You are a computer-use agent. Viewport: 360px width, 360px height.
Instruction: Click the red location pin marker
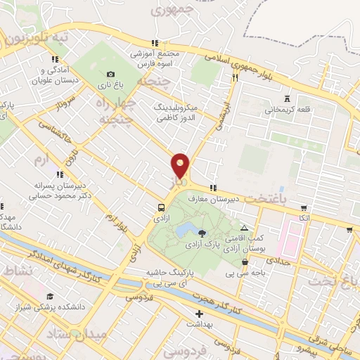[181, 166]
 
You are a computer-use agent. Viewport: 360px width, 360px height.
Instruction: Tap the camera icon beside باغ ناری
[111, 75]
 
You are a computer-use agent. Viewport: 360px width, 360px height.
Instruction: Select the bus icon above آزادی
[162, 207]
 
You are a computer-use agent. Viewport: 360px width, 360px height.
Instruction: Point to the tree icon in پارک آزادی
[202, 233]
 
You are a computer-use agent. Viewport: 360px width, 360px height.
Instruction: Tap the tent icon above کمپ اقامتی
[244, 229]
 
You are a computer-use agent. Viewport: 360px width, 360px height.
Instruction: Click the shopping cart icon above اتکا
[304, 208]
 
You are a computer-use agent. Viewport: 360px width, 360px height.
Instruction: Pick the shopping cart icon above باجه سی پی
[245, 262]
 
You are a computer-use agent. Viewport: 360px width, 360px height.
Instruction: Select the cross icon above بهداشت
[199, 314]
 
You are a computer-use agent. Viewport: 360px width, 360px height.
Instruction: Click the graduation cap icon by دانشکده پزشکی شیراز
[49, 297]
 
